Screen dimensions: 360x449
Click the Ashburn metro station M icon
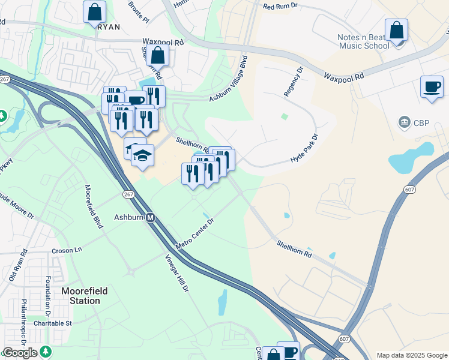pos(151,218)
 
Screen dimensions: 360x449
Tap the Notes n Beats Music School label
pos(364,41)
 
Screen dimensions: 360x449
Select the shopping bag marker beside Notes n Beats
pos(396,30)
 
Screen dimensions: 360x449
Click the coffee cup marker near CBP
pos(432,87)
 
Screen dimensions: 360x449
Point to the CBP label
pos(415,123)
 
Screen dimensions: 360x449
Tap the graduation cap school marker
pos(142,155)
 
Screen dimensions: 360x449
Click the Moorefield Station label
pos(85,295)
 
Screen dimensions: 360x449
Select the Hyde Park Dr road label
pos(304,150)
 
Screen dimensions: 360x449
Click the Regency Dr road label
pos(295,85)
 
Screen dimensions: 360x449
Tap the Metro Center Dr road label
pos(195,235)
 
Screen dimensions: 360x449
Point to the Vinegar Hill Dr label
pos(177,273)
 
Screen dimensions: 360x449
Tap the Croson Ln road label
pos(67,250)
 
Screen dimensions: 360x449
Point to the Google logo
pos(20,353)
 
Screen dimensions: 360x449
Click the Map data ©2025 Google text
pos(412,355)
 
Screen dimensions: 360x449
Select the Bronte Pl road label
pos(139,11)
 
